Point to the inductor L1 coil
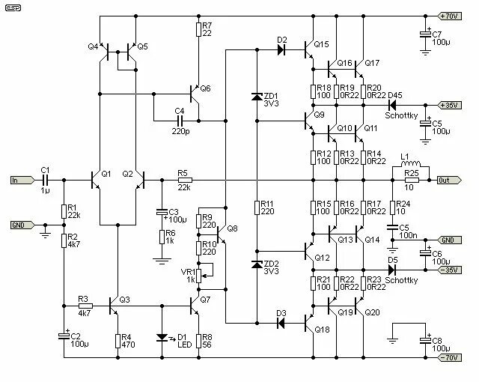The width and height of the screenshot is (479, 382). click(411, 166)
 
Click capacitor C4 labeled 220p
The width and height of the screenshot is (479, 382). click(180, 120)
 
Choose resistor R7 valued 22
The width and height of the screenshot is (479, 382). click(198, 29)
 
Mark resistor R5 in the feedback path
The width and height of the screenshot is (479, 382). click(183, 180)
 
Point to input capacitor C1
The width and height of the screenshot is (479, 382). click(45, 180)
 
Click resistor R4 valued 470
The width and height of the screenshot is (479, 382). click(117, 340)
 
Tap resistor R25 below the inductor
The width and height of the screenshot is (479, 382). click(411, 180)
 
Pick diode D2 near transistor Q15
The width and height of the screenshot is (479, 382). click(281, 49)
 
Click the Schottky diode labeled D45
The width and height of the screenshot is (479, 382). click(393, 105)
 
